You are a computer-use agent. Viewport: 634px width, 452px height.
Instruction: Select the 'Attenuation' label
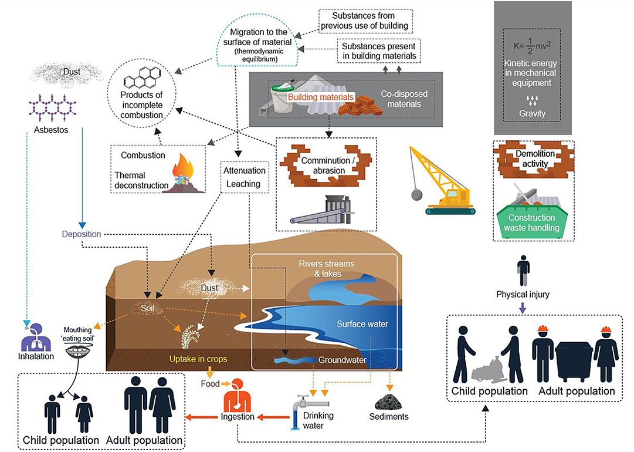tap(245, 171)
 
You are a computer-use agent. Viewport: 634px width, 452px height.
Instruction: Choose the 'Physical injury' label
tap(521, 294)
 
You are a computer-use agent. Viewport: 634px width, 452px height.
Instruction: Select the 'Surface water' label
tap(362, 323)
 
